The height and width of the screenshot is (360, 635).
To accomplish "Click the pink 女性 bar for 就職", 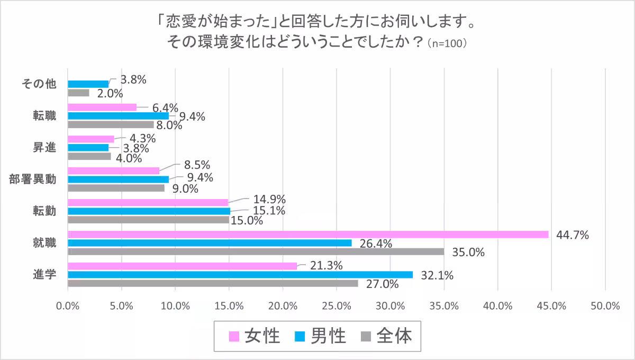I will pos(308,235).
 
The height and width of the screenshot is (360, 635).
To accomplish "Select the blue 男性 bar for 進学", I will pos(240,275).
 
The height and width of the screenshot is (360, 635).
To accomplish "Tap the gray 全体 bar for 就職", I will pos(256,251).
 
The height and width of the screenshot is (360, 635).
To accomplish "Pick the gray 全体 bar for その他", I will pos(78,93).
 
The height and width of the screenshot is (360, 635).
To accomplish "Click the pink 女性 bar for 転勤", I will pos(148,202).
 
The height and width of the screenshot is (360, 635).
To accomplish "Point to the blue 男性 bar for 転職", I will pos(118,116).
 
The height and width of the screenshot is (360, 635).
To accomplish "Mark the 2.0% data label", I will pos(110,94).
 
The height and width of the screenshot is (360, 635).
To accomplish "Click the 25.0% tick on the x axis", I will pos(337,306).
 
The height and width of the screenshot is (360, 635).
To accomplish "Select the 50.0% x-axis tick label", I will pos(605,306).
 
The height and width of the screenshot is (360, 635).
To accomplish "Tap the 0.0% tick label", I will pos(68,306).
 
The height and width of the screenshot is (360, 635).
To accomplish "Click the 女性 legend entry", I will pos(255,336).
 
